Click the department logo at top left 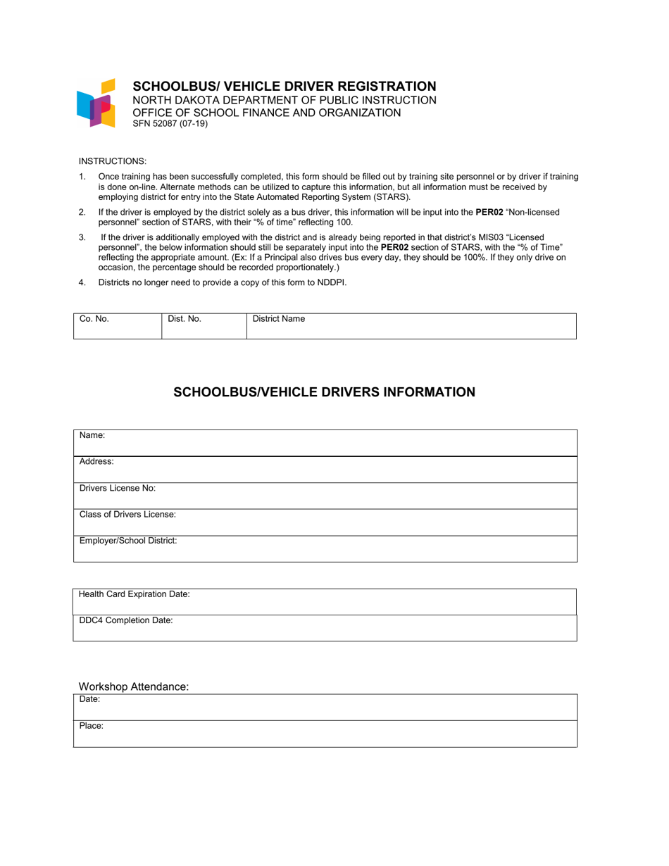pyautogui.click(x=95, y=103)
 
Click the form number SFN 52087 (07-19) pyautogui.click(x=170, y=124)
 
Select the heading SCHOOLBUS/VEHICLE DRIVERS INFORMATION pyautogui.click(x=324, y=392)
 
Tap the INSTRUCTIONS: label pyautogui.click(x=113, y=161)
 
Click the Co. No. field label pyautogui.click(x=94, y=319)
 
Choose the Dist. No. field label pyautogui.click(x=185, y=319)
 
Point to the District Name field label pyautogui.click(x=279, y=319)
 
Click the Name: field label pyautogui.click(x=92, y=436)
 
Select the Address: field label pyautogui.click(x=96, y=462)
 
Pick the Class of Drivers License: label pyautogui.click(x=127, y=515)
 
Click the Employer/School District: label pyautogui.click(x=128, y=541)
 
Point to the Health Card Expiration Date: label pyautogui.click(x=135, y=594)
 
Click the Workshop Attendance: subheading pyautogui.click(x=134, y=686)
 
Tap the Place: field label pyautogui.click(x=92, y=725)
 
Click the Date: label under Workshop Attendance pyautogui.click(x=89, y=699)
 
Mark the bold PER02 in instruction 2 pyautogui.click(x=489, y=212)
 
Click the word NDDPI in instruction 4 pyautogui.click(x=332, y=283)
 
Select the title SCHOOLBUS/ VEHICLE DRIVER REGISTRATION pyautogui.click(x=285, y=86)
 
